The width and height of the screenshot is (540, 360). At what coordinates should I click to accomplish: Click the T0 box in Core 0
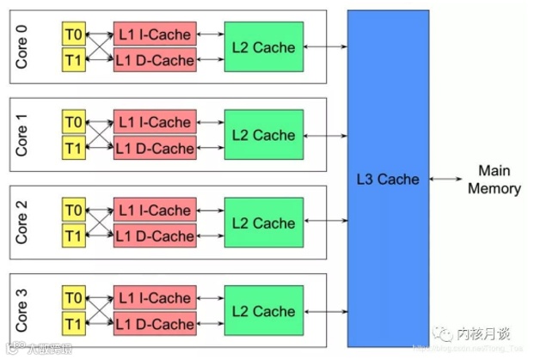coord(73,34)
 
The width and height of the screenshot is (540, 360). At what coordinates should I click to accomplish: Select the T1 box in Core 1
coord(73,149)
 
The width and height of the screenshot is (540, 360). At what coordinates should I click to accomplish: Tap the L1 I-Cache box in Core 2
coord(155,210)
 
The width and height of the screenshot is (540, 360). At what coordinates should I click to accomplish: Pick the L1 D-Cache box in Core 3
coord(155,325)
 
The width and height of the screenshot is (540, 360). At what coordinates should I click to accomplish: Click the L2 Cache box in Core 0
coord(262,46)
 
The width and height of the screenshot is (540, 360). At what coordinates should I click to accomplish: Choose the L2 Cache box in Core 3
coord(262,312)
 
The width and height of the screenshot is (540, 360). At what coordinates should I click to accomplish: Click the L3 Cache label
coord(388,180)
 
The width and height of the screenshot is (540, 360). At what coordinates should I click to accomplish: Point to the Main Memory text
coord(494,180)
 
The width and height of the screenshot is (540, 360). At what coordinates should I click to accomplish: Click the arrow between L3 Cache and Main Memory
coord(446,180)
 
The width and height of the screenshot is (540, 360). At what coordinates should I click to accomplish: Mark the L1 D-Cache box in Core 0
coord(155,60)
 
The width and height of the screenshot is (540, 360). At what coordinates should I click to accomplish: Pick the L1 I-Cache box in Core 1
coord(155,122)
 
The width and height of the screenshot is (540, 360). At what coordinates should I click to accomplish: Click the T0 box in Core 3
coord(73,299)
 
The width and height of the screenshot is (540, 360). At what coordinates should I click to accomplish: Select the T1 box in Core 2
coord(73,236)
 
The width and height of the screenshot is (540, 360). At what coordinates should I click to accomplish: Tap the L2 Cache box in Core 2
coord(262,223)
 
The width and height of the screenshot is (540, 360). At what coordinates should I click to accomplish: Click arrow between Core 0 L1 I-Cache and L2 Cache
coord(210,34)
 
